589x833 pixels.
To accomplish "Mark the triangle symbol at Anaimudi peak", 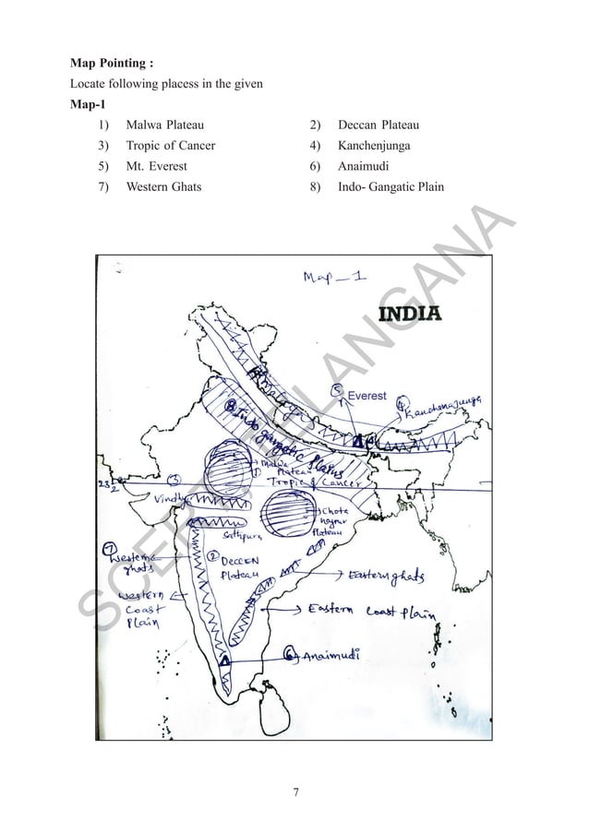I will (x=225, y=660).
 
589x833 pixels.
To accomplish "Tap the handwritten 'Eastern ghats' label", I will (x=386, y=577).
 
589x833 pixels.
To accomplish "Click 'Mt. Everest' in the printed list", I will (x=156, y=166).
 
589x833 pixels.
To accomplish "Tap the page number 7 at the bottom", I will (x=294, y=791).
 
